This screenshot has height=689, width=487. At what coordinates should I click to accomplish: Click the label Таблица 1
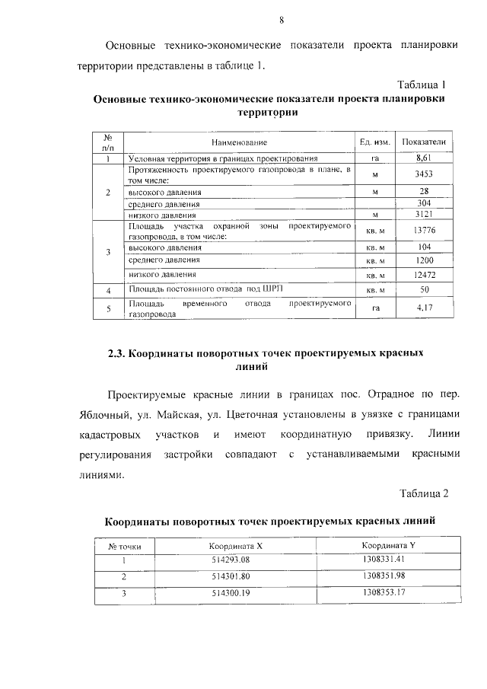pos(422,84)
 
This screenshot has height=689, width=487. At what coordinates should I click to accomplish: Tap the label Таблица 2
pos(424,493)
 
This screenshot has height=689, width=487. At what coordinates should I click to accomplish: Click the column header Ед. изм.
pos(374,142)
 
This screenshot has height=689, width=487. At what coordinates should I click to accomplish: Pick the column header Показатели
pos(424,142)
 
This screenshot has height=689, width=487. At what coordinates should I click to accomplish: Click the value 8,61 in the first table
pos(424,158)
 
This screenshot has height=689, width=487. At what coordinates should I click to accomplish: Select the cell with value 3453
pos(424,175)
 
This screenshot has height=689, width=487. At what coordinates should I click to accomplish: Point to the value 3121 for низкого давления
pos(424,215)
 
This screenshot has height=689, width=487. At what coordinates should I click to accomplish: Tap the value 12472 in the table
pos(424,274)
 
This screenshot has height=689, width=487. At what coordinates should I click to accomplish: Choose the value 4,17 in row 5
pos(424,308)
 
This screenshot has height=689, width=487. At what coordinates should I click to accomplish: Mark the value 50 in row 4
pos(424,290)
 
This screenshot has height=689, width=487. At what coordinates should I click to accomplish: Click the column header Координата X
pos(236,546)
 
